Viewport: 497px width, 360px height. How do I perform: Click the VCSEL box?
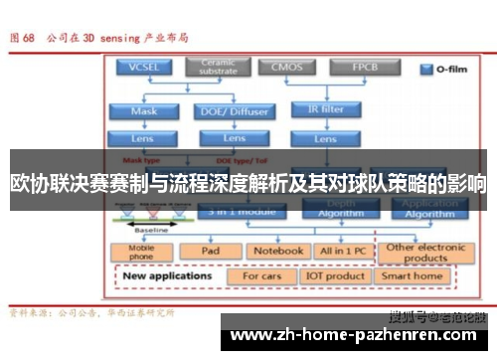click(x=144, y=68)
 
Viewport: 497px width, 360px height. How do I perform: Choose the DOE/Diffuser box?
click(x=235, y=111)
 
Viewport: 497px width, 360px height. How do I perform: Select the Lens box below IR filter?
click(x=324, y=139)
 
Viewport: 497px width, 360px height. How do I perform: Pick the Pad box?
click(x=210, y=251)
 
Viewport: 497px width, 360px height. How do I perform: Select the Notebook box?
click(x=276, y=251)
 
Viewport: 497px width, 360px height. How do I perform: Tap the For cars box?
click(x=262, y=275)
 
